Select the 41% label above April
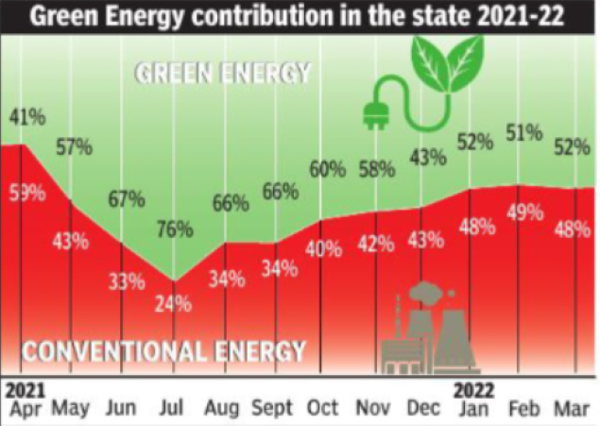(x=26, y=118)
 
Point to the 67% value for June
(x=126, y=199)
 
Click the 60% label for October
(x=327, y=170)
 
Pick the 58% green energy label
(x=377, y=171)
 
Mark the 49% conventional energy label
(x=525, y=214)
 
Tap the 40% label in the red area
(x=324, y=249)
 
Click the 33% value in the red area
(x=126, y=281)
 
